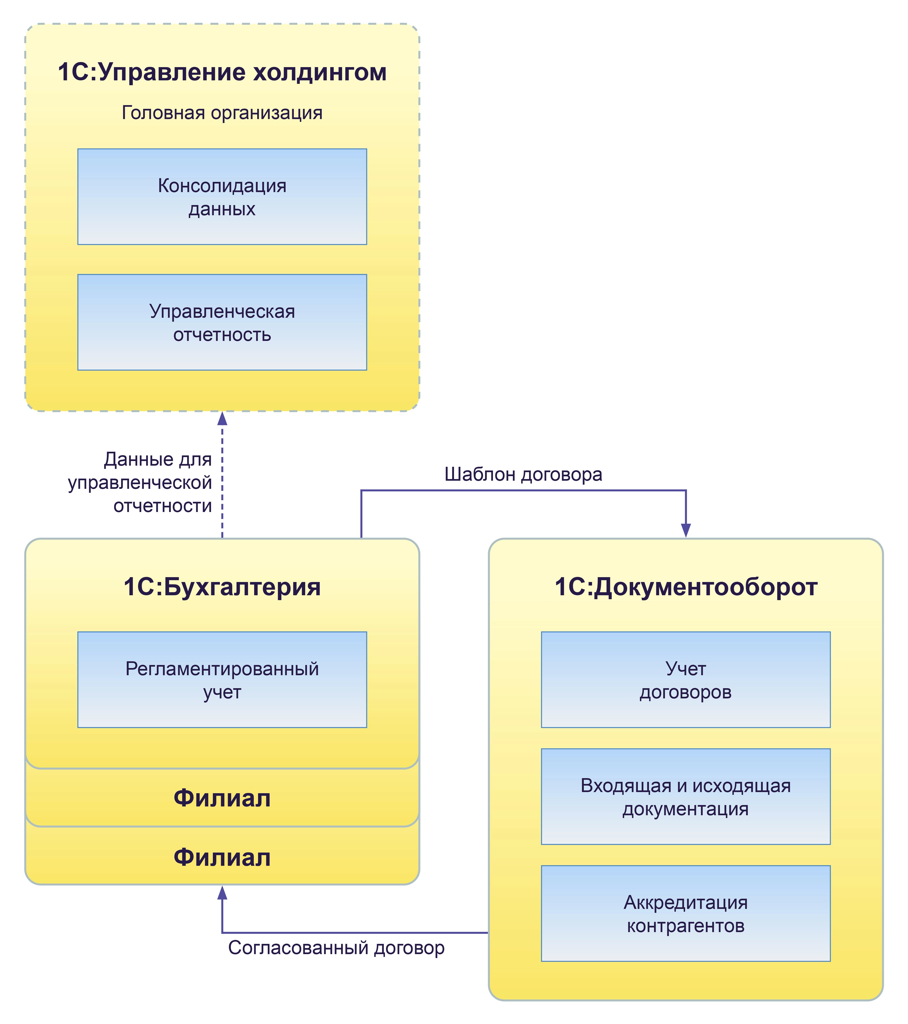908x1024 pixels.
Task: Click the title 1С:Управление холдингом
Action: [222, 72]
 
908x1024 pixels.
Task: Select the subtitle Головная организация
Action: [222, 113]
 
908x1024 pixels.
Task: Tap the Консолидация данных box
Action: [222, 197]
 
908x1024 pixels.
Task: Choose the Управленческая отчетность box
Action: [222, 323]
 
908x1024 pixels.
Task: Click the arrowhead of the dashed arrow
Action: [222, 419]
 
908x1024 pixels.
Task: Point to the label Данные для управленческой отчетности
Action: [140, 482]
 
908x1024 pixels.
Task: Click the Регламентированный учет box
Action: [222, 680]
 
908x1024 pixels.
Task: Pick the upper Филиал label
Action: [222, 798]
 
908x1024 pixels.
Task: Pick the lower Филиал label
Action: [222, 857]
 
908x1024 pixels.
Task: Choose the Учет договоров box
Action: [686, 680]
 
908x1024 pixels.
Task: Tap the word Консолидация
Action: [222, 186]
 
